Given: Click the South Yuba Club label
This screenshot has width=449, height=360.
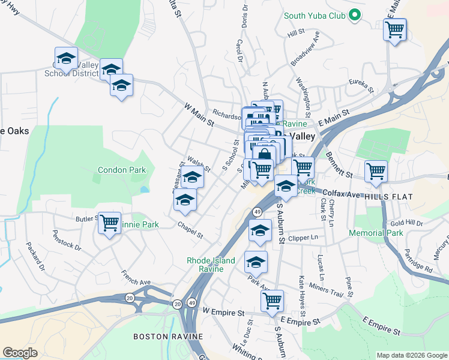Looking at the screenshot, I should tap(315, 16).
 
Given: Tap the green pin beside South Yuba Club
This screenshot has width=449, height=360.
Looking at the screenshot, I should tap(355, 16).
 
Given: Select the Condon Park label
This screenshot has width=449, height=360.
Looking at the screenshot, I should tap(122, 170).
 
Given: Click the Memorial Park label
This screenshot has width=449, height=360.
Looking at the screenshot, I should tap(378, 233).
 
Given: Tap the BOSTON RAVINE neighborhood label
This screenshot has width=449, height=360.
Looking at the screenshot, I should tap(168, 337).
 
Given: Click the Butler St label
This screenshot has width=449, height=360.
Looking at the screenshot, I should tap(86, 220).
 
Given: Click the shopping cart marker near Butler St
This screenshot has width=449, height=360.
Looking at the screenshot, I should tap(109, 223).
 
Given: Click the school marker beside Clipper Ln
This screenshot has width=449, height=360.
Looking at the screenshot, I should tap(260, 230).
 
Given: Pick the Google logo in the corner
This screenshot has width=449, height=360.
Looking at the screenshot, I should tap(20, 353).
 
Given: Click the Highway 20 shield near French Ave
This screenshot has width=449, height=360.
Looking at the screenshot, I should tap(130, 298).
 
